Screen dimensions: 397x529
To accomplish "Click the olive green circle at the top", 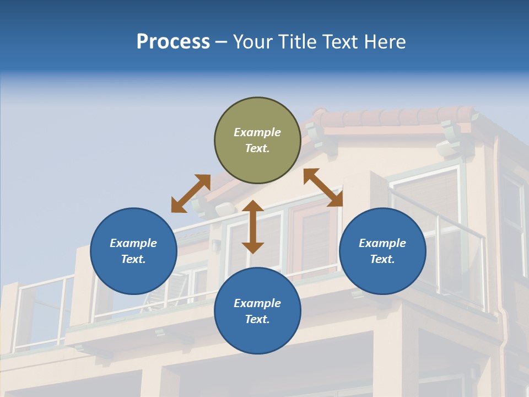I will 257,140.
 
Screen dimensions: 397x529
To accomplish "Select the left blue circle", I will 133,251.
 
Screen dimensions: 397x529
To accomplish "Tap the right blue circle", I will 382,251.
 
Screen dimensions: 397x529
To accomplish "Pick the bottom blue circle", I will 257,311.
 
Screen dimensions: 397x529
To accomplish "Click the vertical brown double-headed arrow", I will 253,227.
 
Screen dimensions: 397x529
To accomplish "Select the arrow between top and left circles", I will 191,194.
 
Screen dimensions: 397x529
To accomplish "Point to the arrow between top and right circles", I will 323,187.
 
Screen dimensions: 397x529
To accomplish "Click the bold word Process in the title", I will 173,42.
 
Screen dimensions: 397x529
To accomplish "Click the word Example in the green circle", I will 257,132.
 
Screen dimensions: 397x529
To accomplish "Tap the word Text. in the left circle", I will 133,259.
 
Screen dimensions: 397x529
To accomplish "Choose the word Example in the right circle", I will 382,243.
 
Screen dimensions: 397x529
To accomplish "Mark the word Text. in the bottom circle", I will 257,319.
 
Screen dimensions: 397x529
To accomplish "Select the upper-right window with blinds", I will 427,193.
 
